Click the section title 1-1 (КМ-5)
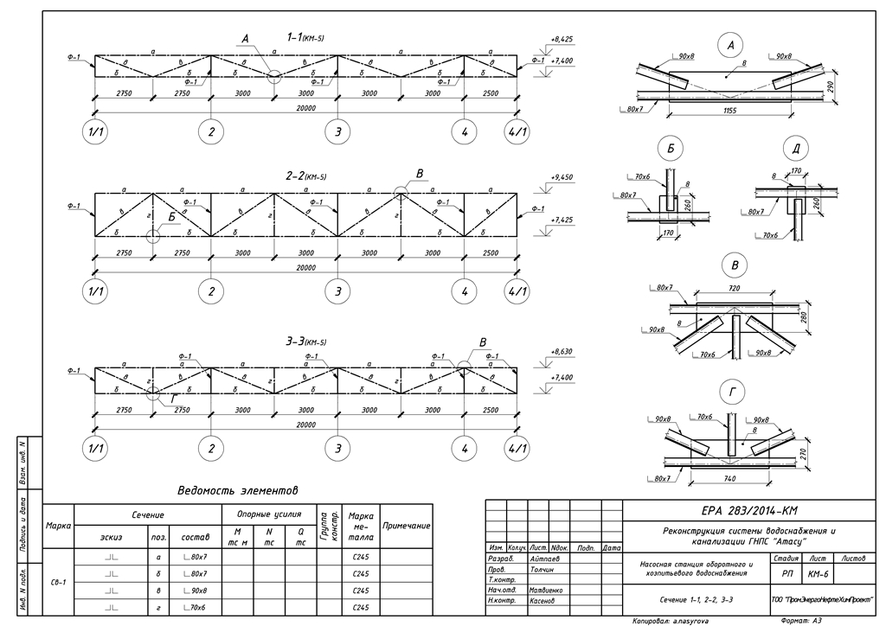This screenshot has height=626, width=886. coord(305,37)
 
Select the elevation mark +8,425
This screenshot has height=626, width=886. coord(562,40)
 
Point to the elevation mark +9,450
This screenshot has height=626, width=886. coord(562,177)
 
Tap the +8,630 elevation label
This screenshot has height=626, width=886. coord(562,353)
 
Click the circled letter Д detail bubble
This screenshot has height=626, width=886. coord(795,148)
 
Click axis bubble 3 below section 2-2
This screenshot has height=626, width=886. coord(338,291)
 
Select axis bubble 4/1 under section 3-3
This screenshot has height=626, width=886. coord(518,449)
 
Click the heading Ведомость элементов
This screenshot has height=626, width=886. coord(237,490)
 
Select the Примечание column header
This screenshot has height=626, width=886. coord(406,526)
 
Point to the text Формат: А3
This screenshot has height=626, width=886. coord(804,621)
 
